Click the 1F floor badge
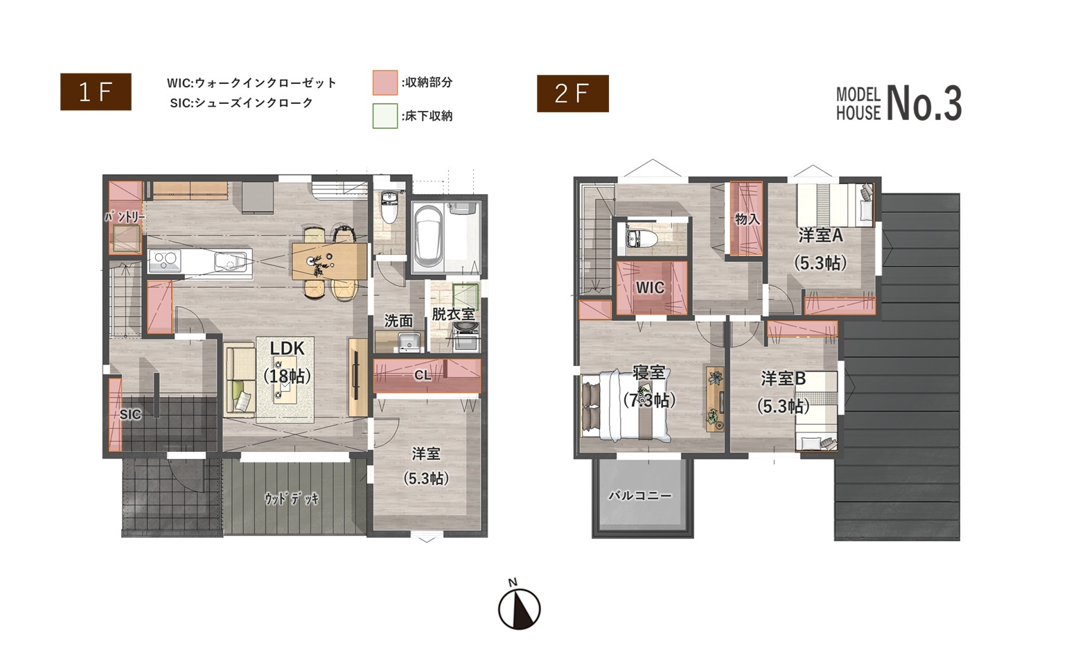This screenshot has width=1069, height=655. tap(96, 91)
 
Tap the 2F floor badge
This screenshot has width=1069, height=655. tap(573, 94)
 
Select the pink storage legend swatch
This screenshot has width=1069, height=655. tap(385, 82)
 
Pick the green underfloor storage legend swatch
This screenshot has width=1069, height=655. tap(385, 116)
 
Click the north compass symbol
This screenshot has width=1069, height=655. tap(519, 609)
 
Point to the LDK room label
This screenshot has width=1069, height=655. tap(288, 349)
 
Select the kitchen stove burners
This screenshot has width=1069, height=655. tap(165, 261)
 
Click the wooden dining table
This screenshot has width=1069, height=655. tap(329, 261)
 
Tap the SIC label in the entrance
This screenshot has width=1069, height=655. tap(130, 414)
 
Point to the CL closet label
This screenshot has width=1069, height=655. tap(423, 376)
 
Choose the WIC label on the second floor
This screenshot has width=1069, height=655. tap(650, 288)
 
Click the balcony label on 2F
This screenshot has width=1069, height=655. tap(640, 496)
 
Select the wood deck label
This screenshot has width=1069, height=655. tap(292, 499)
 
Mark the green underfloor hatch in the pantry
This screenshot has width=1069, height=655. tap(127, 238)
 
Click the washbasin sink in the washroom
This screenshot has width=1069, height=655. tap(409, 342)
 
